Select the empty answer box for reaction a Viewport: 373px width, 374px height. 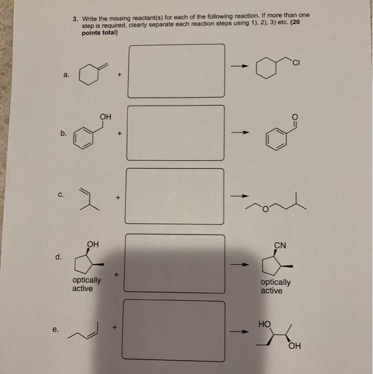click(x=176, y=71)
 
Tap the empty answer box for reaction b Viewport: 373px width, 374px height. click(x=175, y=133)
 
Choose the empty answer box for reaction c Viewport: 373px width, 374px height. click(x=174, y=196)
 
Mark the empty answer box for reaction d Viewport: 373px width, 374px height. click(x=174, y=263)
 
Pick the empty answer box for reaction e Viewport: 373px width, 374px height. click(x=173, y=330)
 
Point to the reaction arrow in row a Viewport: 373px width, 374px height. click(x=240, y=66)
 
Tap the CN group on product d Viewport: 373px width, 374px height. click(x=280, y=246)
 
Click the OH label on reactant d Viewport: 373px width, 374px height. click(x=93, y=245)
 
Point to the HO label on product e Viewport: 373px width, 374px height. click(x=264, y=324)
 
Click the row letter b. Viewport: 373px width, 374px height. click(x=64, y=134)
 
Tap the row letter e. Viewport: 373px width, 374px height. click(x=55, y=329)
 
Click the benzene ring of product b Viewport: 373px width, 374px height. click(x=276, y=140)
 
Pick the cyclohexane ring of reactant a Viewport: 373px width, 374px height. click(x=90, y=75)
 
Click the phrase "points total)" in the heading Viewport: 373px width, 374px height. click(x=99, y=33)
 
